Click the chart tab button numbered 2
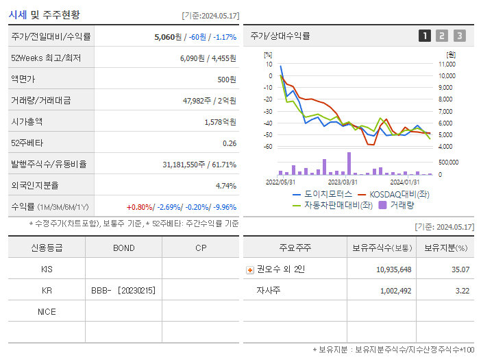442,36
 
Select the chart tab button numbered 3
459,36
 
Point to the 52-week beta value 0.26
230,143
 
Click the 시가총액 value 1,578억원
220,122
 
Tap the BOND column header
123,248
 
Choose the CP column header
200,248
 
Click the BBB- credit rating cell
123,290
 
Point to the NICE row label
47,311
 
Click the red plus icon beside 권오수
249,269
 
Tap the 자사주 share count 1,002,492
395,291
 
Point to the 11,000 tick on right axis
447,64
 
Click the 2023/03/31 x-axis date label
343,182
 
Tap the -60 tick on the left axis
268,147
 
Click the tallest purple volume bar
349,163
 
